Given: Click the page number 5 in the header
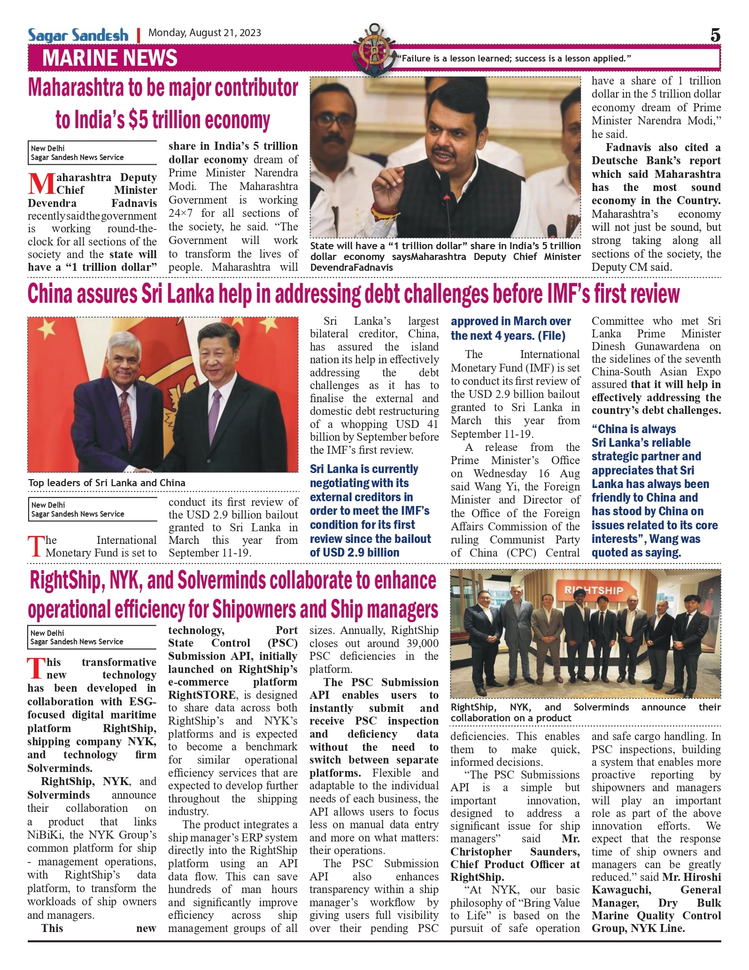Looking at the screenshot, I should (715, 35).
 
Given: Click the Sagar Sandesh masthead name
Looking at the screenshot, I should (78, 35).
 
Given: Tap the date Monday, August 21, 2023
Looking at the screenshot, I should (205, 33).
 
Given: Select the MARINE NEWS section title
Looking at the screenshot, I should (110, 58).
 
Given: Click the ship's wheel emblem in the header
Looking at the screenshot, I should (374, 51).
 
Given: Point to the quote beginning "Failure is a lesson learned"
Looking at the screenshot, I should (514, 59).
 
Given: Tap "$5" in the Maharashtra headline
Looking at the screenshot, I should (138, 120).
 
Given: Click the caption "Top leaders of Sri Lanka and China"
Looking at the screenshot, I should (107, 483).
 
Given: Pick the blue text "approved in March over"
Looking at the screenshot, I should (510, 321).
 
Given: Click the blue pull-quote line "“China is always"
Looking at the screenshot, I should (633, 429).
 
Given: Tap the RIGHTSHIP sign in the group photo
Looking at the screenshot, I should (594, 590).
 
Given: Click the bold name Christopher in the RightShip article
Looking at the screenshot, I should (481, 852).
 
